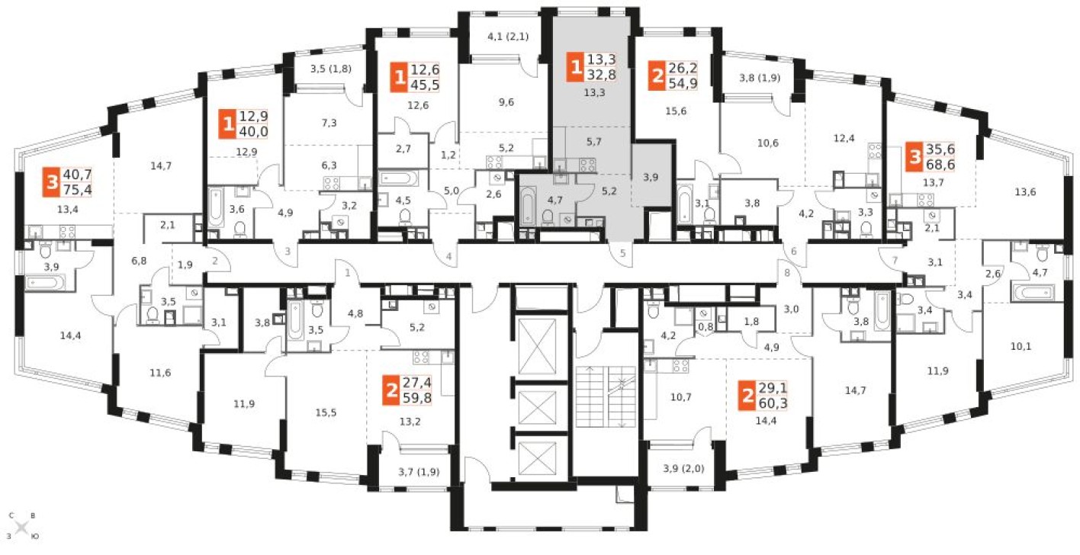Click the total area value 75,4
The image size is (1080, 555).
click(x=77, y=189)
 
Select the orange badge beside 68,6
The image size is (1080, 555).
click(x=914, y=156)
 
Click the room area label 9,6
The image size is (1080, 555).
click(x=506, y=102)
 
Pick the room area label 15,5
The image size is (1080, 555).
click(x=326, y=412)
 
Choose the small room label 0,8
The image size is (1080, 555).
click(x=706, y=326)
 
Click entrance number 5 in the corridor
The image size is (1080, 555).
click(x=622, y=252)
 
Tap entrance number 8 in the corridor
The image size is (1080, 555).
click(x=787, y=273)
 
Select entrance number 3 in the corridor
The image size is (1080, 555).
click(x=288, y=251)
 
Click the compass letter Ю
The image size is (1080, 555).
click(x=35, y=536)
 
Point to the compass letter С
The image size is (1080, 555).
click(x=11, y=515)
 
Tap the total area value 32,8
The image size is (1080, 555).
click(x=602, y=75)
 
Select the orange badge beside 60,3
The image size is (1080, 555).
click(x=747, y=396)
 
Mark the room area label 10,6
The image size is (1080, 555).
click(x=767, y=143)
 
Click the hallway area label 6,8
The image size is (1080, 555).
click(x=139, y=261)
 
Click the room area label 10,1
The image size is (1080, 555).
click(x=1021, y=346)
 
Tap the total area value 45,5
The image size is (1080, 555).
click(x=425, y=85)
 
